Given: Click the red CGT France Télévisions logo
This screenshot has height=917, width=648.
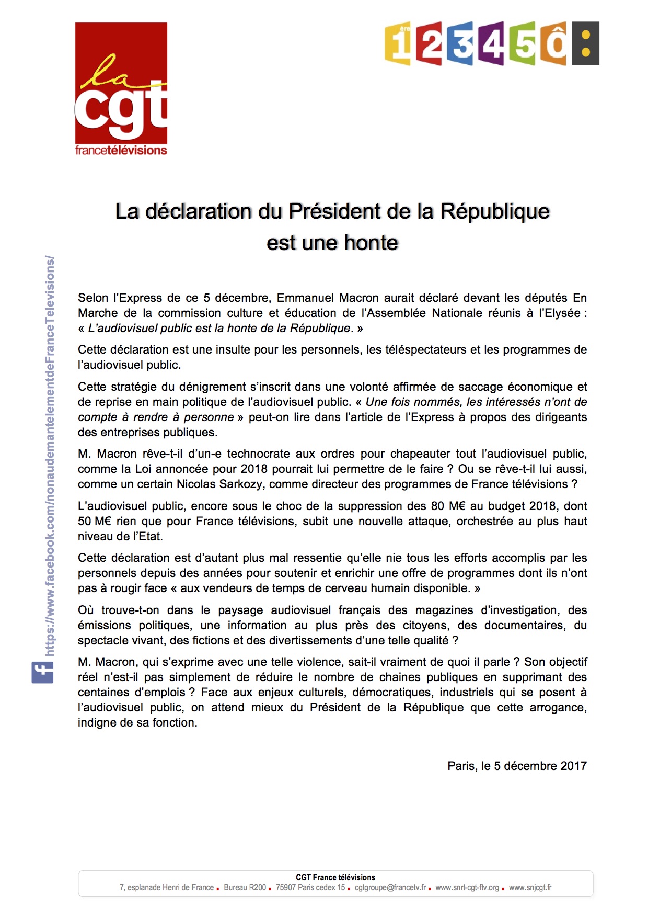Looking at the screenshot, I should click(121, 89).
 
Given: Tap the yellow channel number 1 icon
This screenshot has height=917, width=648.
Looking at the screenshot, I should click(398, 44).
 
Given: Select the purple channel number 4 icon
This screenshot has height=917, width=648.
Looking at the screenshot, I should click(492, 43).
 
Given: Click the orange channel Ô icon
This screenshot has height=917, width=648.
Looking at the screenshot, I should click(554, 43).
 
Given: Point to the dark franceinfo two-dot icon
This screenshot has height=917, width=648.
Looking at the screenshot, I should click(586, 43).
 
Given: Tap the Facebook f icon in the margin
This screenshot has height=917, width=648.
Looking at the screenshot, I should click(42, 672).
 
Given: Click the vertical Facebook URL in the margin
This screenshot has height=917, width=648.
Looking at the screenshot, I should click(50, 455).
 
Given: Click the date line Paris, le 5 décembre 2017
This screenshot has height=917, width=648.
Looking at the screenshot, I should click(517, 766).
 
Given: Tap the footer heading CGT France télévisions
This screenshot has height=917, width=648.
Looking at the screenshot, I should click(335, 877).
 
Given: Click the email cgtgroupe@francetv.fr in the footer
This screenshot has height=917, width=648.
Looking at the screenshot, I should click(390, 887).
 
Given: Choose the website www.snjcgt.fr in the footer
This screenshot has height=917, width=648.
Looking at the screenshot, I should click(530, 887).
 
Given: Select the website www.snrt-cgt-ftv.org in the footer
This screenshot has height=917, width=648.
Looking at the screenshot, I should click(467, 887).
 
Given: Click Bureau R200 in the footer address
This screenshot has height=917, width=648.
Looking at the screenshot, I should click(245, 887).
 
